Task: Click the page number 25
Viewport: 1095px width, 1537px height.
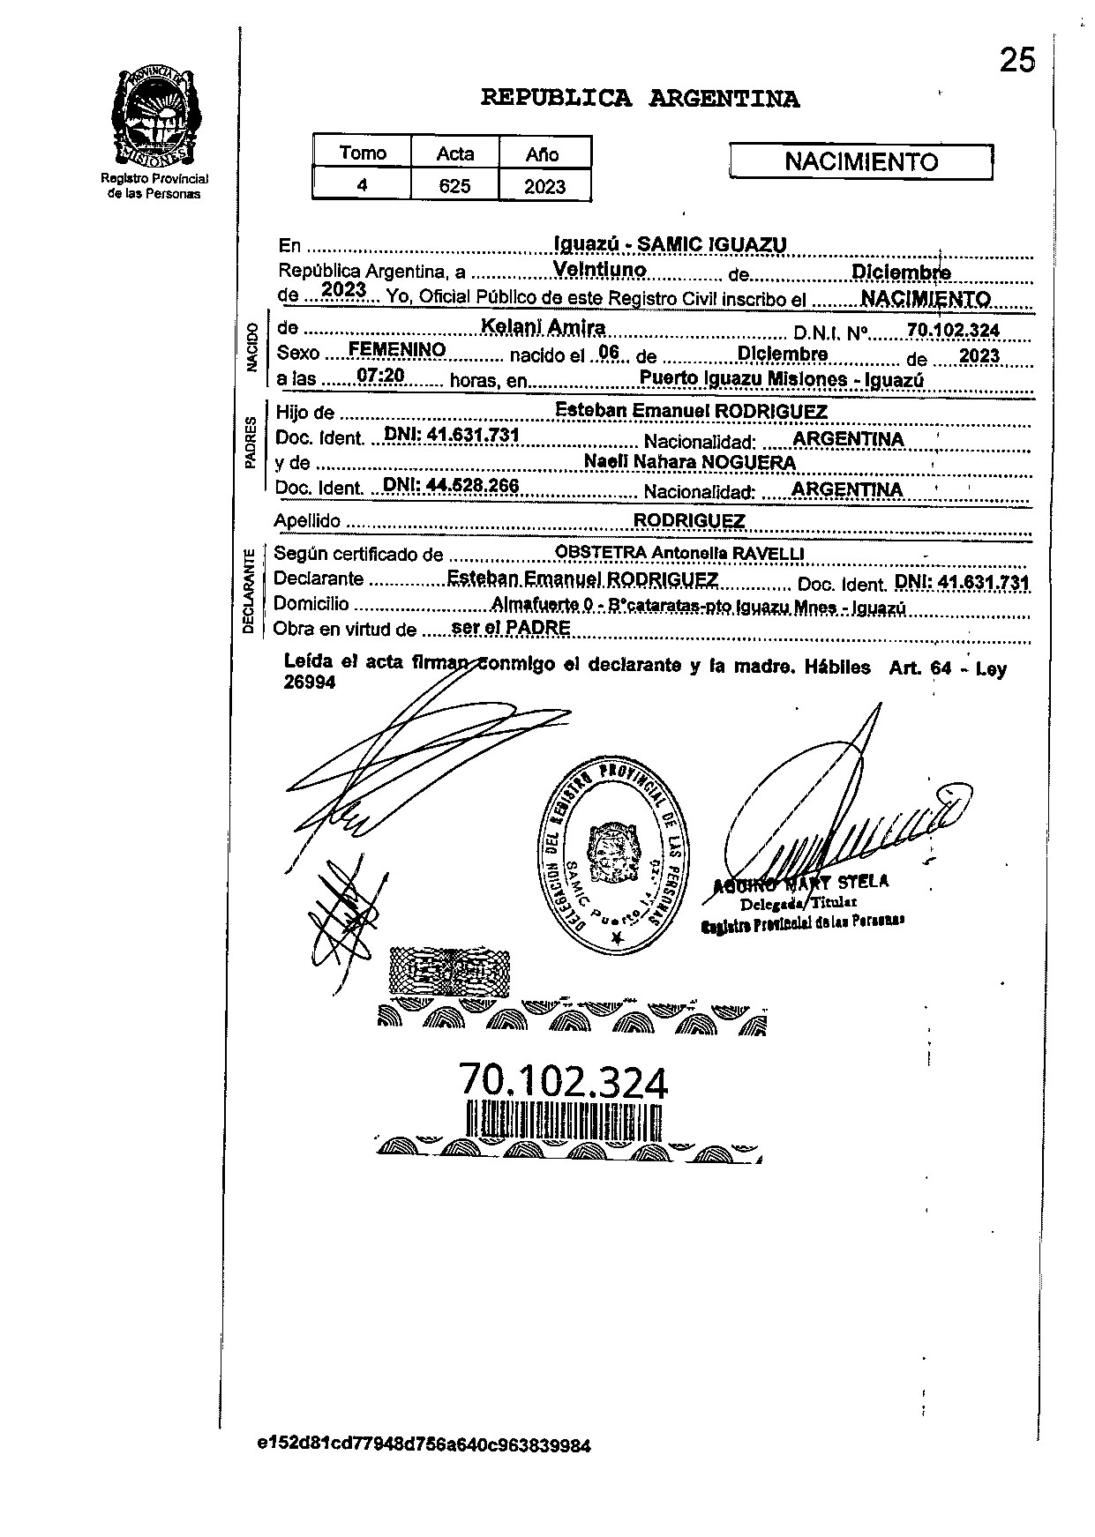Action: (x=1016, y=60)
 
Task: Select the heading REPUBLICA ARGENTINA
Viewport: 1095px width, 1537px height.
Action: (x=640, y=99)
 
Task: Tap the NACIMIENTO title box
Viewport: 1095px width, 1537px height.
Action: (x=861, y=162)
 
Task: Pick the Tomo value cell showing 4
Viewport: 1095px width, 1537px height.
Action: (x=362, y=186)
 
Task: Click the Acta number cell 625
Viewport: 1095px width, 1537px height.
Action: (x=454, y=186)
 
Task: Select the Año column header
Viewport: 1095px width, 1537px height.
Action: (x=543, y=154)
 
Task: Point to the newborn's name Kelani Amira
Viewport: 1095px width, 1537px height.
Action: (x=543, y=327)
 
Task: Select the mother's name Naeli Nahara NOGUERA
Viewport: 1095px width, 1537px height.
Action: (x=689, y=462)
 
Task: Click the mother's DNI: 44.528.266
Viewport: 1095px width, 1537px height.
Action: (x=450, y=486)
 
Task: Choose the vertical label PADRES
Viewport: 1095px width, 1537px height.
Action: (x=251, y=442)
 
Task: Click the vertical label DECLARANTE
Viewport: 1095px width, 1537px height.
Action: (x=249, y=591)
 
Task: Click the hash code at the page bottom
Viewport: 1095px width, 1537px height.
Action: (x=424, y=1445)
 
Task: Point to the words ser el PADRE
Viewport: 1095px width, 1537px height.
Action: (x=510, y=627)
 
